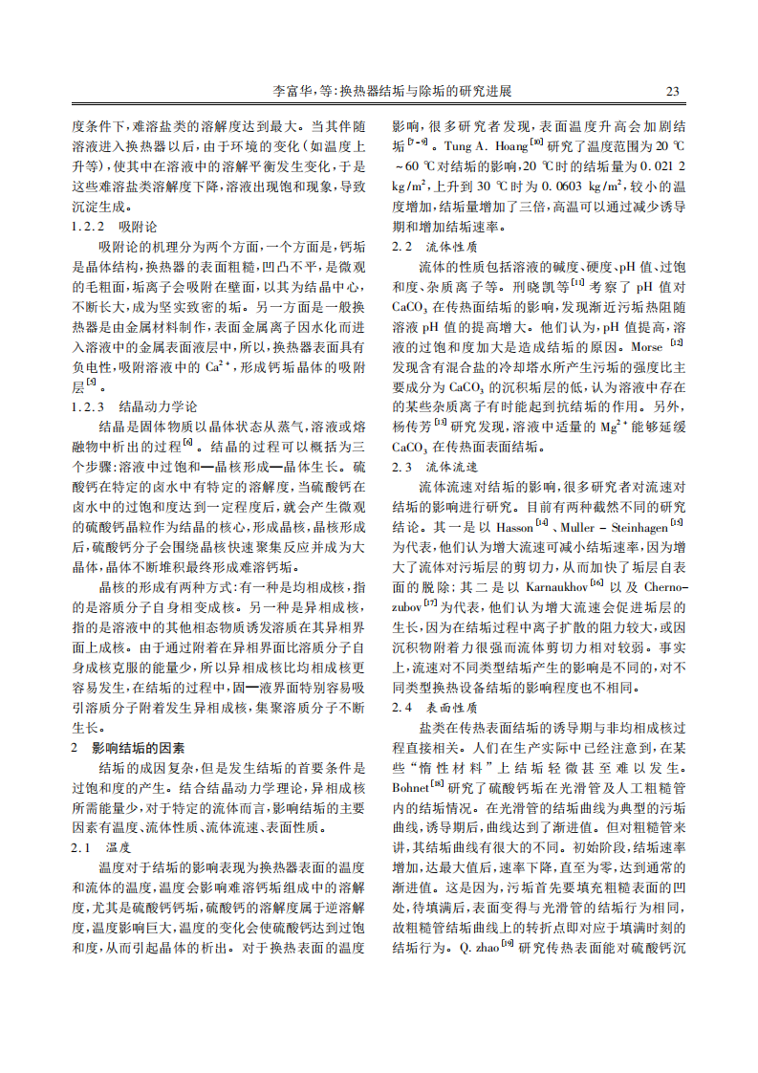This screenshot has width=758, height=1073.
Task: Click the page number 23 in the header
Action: click(672, 92)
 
